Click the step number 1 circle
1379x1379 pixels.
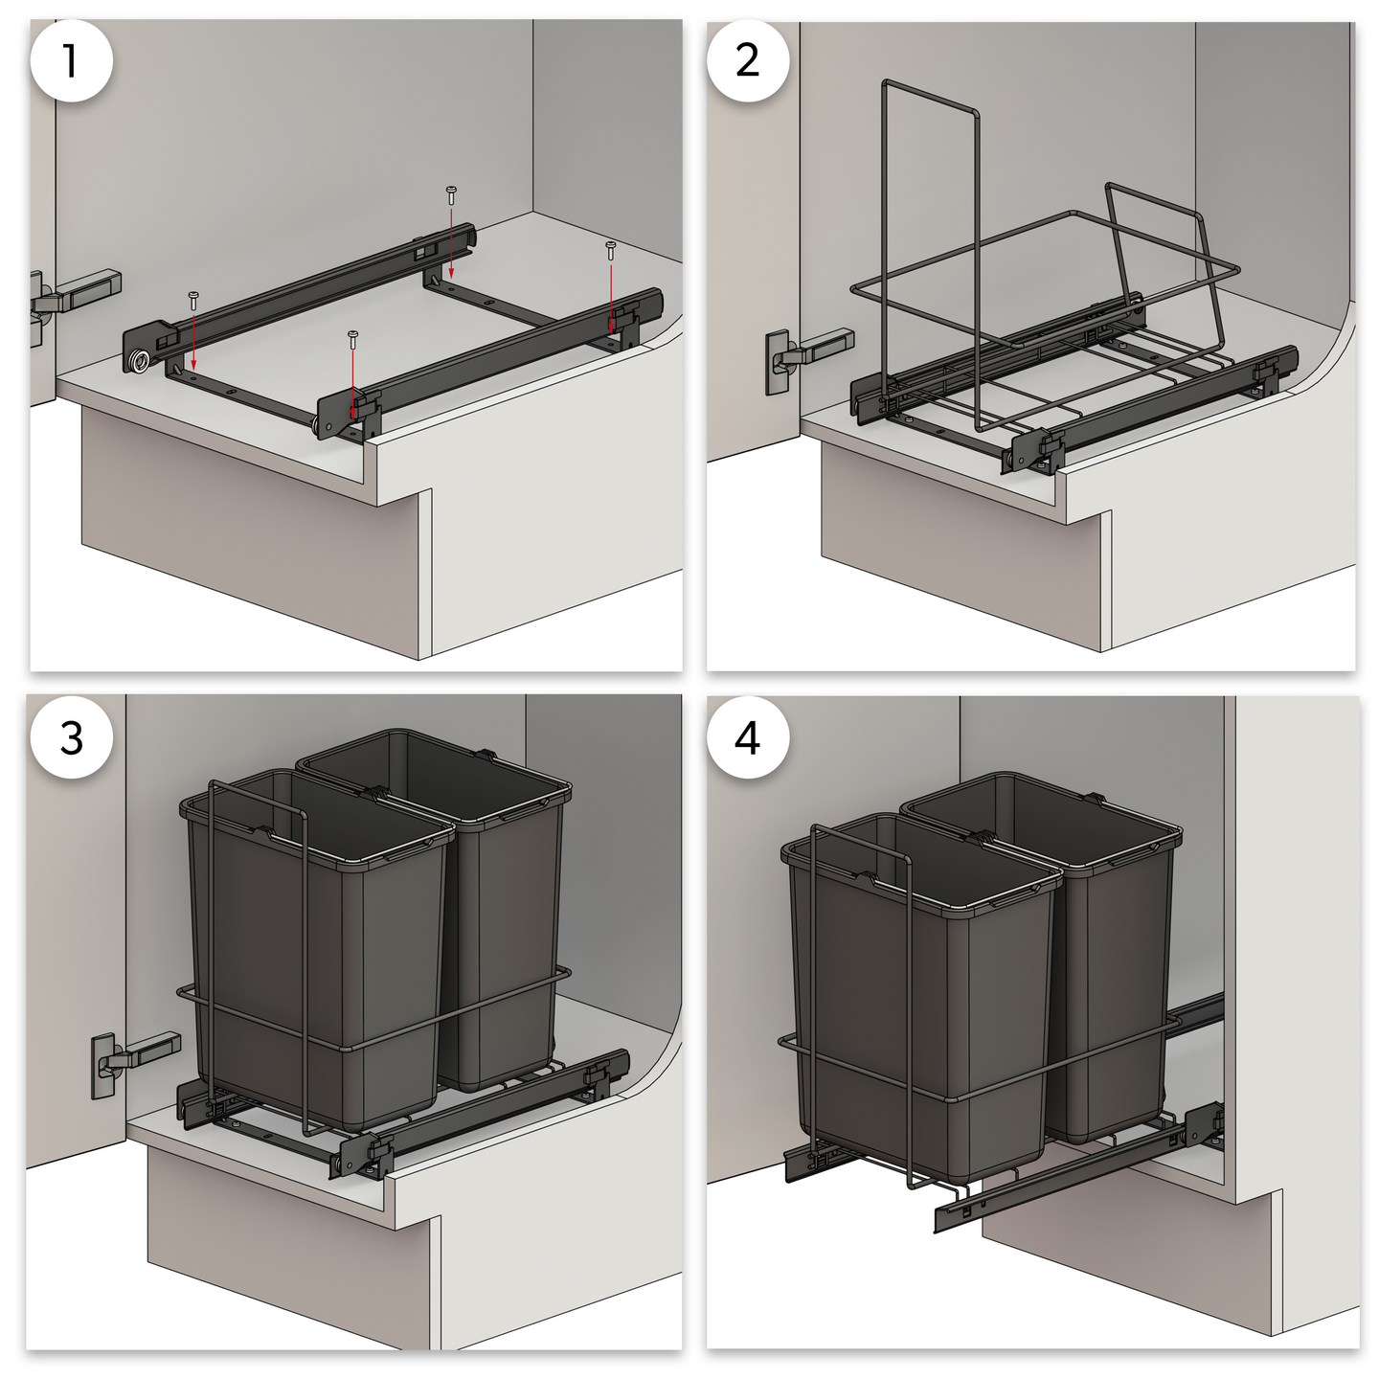(x=71, y=61)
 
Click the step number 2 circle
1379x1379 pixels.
(x=748, y=61)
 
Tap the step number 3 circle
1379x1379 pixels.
(x=71, y=737)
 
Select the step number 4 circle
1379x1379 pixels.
(x=748, y=737)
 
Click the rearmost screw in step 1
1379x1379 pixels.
(x=451, y=194)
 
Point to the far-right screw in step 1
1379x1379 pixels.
(x=610, y=251)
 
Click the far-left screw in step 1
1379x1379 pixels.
(x=193, y=300)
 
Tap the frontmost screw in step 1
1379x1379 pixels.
(x=352, y=339)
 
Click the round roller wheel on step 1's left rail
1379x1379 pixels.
(x=140, y=361)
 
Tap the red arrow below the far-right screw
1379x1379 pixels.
(x=610, y=297)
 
